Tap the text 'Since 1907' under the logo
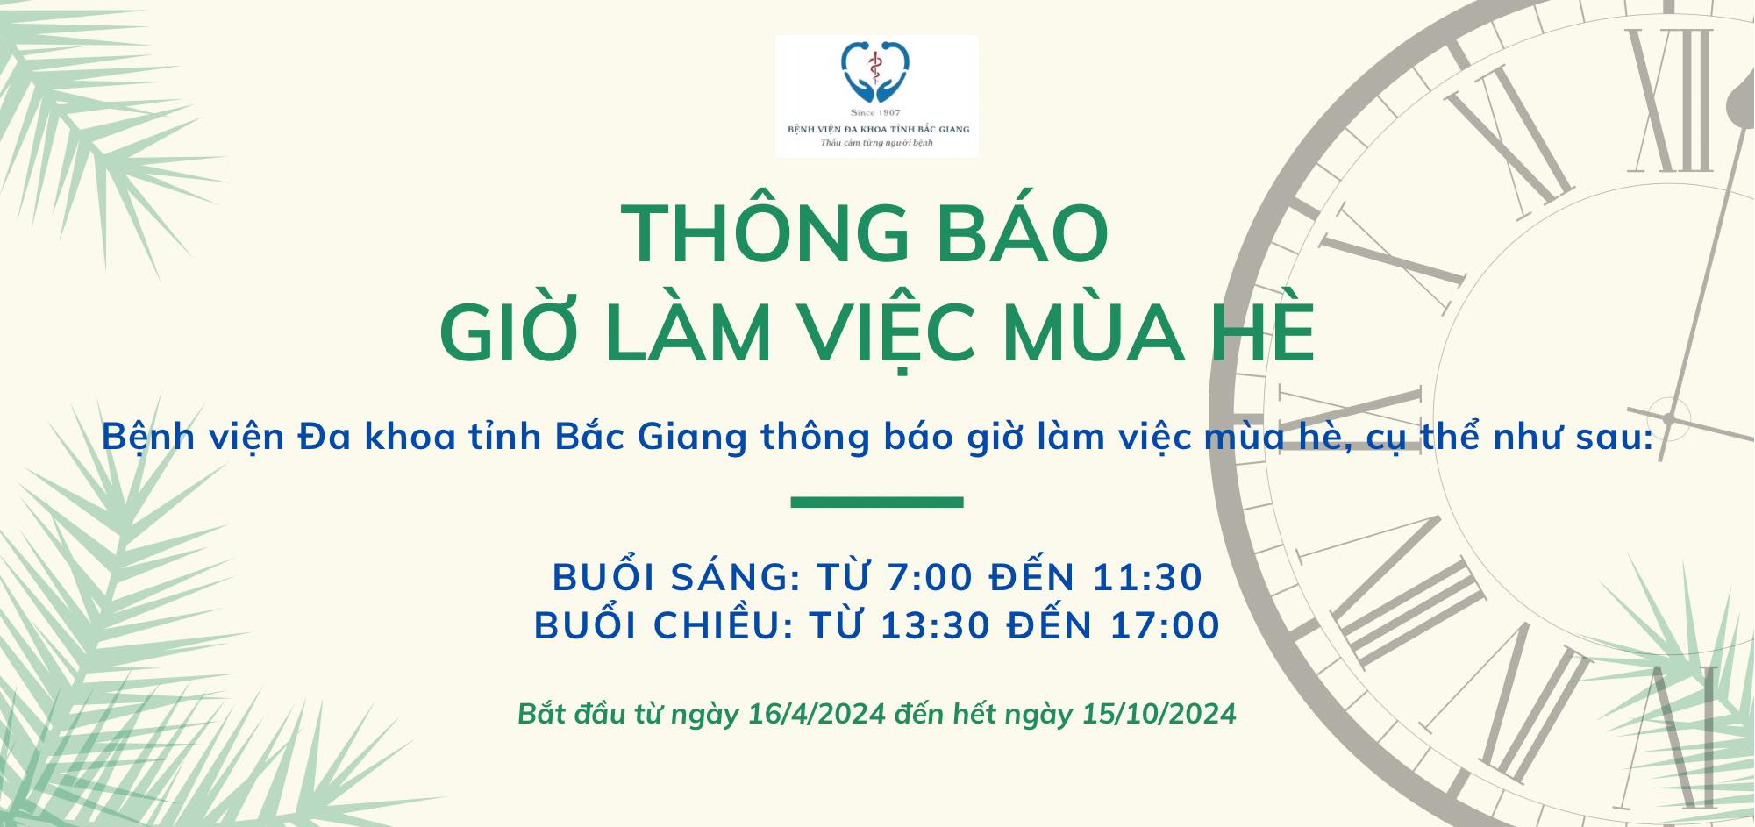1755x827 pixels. pyautogui.click(x=876, y=113)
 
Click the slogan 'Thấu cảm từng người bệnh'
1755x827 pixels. pyautogui.click(x=876, y=143)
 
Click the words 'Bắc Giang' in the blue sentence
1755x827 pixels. pyautogui.click(x=651, y=437)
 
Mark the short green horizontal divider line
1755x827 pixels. pyautogui.click(x=877, y=503)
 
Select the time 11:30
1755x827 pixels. pyautogui.click(x=1147, y=578)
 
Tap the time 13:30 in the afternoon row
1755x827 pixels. pyautogui.click(x=936, y=626)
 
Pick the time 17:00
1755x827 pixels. pyautogui.click(x=1166, y=626)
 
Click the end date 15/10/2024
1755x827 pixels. pyautogui.click(x=1159, y=714)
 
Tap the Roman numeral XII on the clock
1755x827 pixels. pyautogui.click(x=1669, y=99)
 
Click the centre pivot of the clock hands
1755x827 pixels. pyautogui.click(x=1668, y=417)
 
